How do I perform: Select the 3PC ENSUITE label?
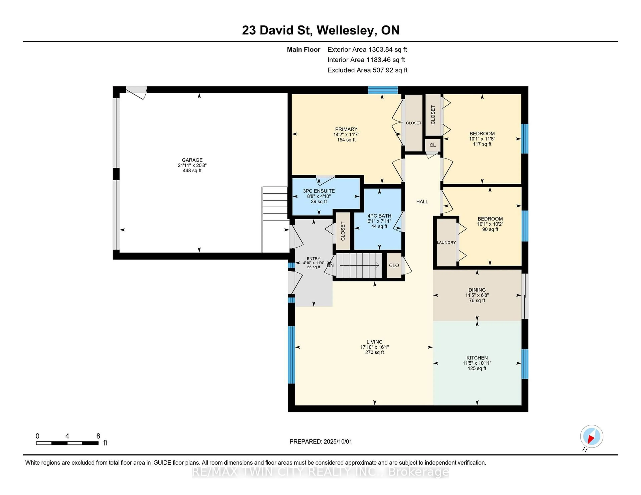point(319,191)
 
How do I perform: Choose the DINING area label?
point(477,290)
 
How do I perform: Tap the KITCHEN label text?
point(477,358)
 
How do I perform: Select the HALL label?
point(422,201)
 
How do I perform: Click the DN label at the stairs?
point(330,265)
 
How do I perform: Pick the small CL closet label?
point(433,145)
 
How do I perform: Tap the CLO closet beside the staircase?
point(394,265)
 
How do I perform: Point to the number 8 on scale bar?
point(98,436)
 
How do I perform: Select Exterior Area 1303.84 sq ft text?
point(367,50)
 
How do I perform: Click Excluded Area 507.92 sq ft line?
point(367,70)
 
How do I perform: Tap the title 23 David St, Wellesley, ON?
point(320,30)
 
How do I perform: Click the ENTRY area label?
point(313,259)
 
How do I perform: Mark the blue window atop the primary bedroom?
point(383,90)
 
